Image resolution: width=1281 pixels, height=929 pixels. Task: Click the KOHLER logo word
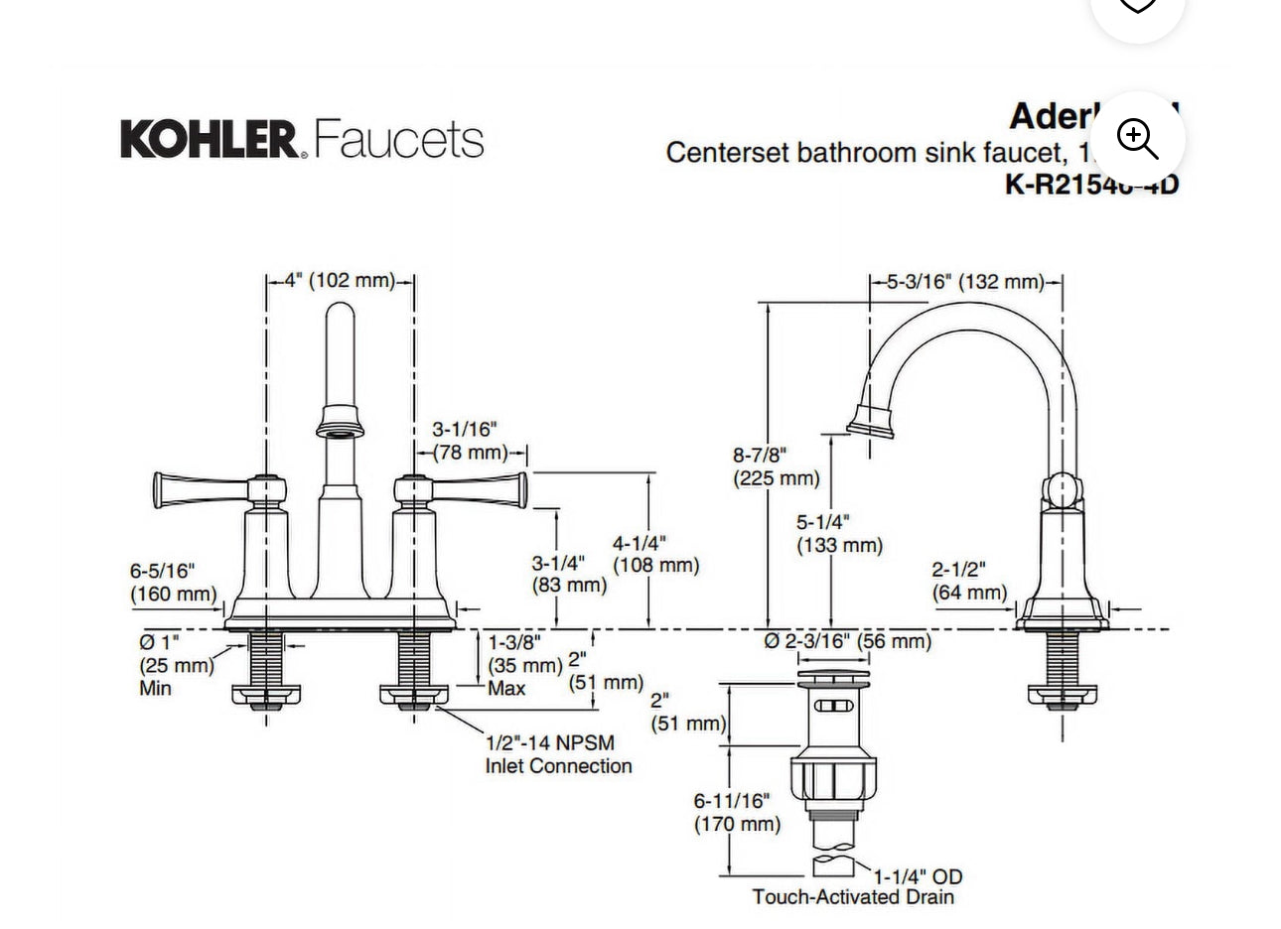tap(209, 139)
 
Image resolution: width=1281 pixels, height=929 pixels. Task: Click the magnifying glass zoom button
tap(1137, 139)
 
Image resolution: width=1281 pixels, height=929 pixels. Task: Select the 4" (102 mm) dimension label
tap(340, 281)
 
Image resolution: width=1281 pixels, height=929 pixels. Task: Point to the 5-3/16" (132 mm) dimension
tap(965, 282)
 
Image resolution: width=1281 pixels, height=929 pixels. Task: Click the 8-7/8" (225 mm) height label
tap(776, 466)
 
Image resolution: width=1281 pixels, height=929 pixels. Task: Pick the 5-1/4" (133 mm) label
tap(838, 533)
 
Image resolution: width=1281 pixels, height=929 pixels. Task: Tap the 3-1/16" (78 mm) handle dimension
tap(469, 442)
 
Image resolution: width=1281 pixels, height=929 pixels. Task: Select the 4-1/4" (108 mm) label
tap(654, 555)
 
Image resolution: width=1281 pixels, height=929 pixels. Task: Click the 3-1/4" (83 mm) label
tap(568, 575)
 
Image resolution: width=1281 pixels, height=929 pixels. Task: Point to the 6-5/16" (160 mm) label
tap(173, 583)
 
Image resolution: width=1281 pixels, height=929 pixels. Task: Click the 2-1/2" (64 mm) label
tap(969, 581)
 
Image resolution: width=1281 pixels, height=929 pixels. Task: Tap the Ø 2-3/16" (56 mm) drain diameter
tap(847, 641)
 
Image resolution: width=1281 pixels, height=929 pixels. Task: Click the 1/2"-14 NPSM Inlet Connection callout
tap(558, 754)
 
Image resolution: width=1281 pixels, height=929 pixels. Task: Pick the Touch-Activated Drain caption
tap(852, 897)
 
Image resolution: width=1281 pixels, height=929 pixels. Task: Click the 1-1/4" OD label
tap(918, 876)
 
